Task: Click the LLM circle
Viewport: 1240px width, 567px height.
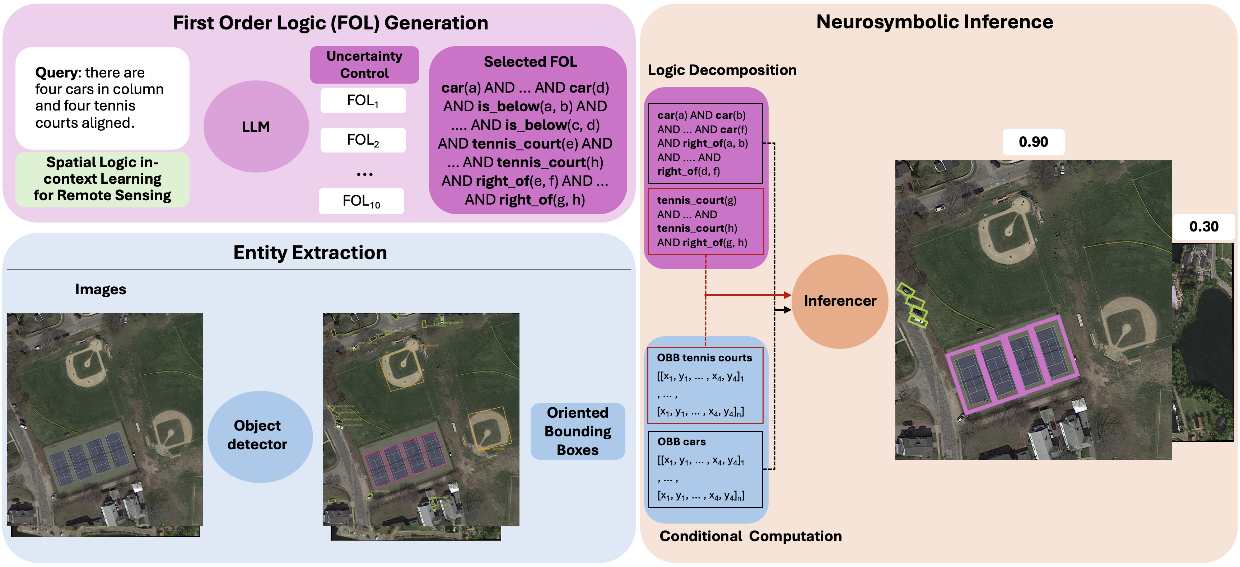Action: [x=256, y=127]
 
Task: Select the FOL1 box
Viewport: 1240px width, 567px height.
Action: [x=363, y=100]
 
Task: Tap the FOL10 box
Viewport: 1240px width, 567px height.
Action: [x=362, y=201]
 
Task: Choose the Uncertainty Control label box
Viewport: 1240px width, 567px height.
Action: [x=364, y=65]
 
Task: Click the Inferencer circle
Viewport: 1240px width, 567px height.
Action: [x=840, y=301]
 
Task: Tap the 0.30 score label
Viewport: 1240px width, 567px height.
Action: [x=1203, y=226]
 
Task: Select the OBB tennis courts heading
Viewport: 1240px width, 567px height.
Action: [x=704, y=358]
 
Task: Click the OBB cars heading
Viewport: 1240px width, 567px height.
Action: [x=682, y=441]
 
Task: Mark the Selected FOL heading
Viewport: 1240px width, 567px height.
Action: [x=530, y=62]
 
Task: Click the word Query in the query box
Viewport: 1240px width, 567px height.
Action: [x=56, y=73]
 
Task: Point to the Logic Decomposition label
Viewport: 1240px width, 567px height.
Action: [x=722, y=70]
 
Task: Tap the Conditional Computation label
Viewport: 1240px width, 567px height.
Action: [x=750, y=536]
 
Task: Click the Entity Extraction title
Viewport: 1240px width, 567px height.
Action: [x=310, y=253]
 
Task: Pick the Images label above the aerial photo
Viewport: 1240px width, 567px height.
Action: [x=101, y=289]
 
